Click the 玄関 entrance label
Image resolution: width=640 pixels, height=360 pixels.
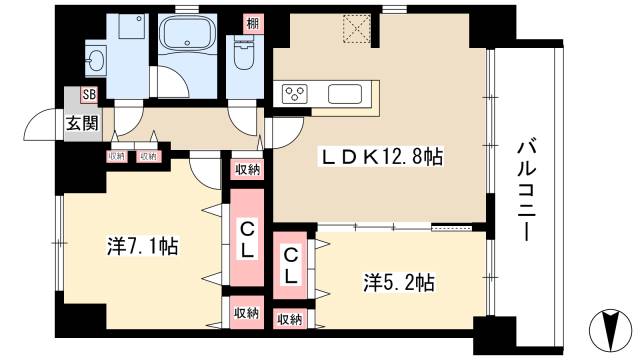click(83, 124)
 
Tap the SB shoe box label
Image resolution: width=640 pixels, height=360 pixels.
click(89, 96)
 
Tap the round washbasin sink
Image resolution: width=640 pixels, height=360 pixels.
click(96, 57)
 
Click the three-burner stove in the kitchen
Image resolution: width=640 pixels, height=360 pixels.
click(297, 95)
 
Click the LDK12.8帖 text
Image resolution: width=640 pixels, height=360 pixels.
click(380, 156)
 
